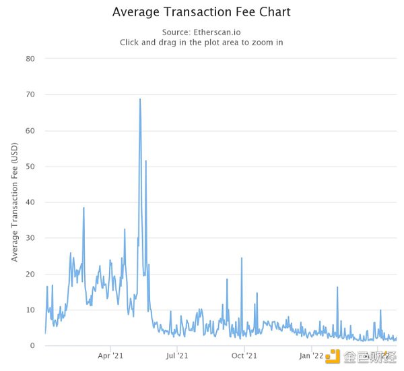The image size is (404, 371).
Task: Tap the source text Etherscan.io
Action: click(x=202, y=32)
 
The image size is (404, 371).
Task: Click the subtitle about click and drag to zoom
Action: click(x=201, y=42)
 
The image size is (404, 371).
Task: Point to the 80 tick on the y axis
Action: click(x=30, y=59)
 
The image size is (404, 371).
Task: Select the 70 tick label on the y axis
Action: click(x=30, y=94)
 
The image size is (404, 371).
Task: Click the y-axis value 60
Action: click(x=30, y=130)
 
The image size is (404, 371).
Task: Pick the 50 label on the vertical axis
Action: click(x=30, y=167)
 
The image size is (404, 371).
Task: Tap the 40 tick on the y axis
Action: click(x=30, y=202)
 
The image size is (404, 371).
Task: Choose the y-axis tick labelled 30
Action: click(x=30, y=238)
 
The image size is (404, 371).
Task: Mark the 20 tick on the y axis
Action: click(x=30, y=274)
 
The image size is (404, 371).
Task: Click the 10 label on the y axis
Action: click(x=30, y=310)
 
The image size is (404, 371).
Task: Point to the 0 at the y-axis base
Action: click(x=33, y=346)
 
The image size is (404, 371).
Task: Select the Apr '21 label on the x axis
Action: click(x=110, y=355)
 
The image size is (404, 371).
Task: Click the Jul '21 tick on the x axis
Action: click(x=176, y=355)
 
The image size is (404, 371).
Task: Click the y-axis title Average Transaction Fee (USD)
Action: click(x=14, y=202)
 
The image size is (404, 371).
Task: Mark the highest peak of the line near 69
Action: click(x=139, y=99)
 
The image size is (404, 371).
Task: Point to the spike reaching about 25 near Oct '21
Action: click(x=241, y=258)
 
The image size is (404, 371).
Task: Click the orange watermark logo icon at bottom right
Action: click(x=333, y=356)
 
